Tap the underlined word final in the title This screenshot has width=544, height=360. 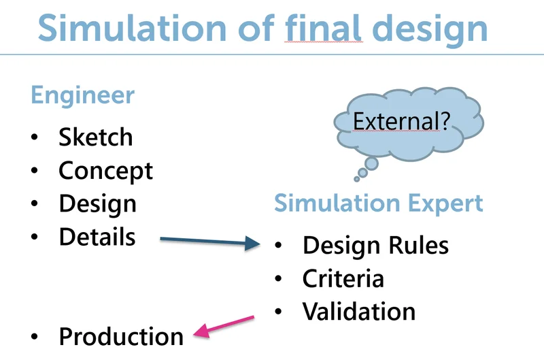(x=323, y=29)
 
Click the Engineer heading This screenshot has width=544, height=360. (x=82, y=95)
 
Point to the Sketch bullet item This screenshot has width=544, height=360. (x=96, y=137)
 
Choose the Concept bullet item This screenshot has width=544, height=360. (x=106, y=171)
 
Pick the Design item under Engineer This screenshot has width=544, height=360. (x=97, y=203)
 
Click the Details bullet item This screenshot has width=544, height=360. (x=97, y=237)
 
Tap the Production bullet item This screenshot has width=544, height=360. (x=121, y=336)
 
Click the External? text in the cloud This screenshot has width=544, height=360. (x=402, y=122)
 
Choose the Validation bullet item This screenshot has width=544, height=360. (x=359, y=311)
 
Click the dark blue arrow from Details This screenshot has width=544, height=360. (x=210, y=241)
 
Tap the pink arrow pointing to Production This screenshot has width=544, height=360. (x=224, y=325)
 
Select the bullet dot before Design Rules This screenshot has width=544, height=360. (x=278, y=245)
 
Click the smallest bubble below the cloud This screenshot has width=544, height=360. (x=357, y=179)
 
